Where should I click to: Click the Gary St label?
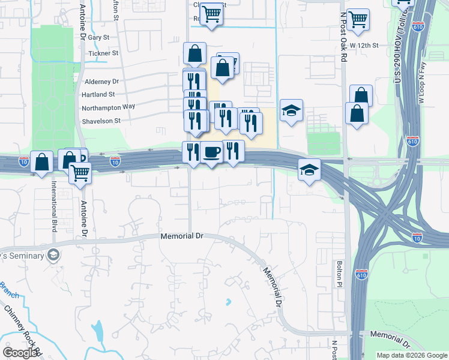(x=98, y=37)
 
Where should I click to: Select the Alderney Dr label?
(x=102, y=81)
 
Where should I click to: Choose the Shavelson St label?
(x=101, y=120)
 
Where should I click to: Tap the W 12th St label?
(x=364, y=45)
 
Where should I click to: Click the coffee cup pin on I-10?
(x=212, y=152)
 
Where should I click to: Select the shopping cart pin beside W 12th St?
(x=358, y=19)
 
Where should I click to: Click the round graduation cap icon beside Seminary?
(x=53, y=255)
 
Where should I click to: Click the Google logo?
(x=20, y=353)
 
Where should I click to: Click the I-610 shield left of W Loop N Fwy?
(x=412, y=142)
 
